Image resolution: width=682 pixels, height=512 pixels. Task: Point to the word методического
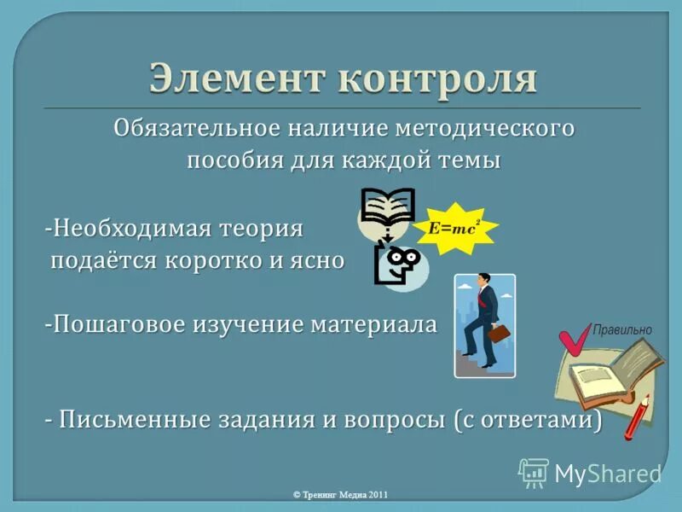pos(486,130)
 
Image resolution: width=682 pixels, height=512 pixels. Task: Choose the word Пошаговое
pos(138,325)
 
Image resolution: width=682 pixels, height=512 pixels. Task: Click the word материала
pos(373,325)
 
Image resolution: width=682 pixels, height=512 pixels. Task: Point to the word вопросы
pos(391,421)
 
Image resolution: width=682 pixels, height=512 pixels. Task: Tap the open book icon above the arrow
pos(387,206)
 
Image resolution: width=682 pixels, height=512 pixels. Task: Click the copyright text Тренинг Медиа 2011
pos(340,495)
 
